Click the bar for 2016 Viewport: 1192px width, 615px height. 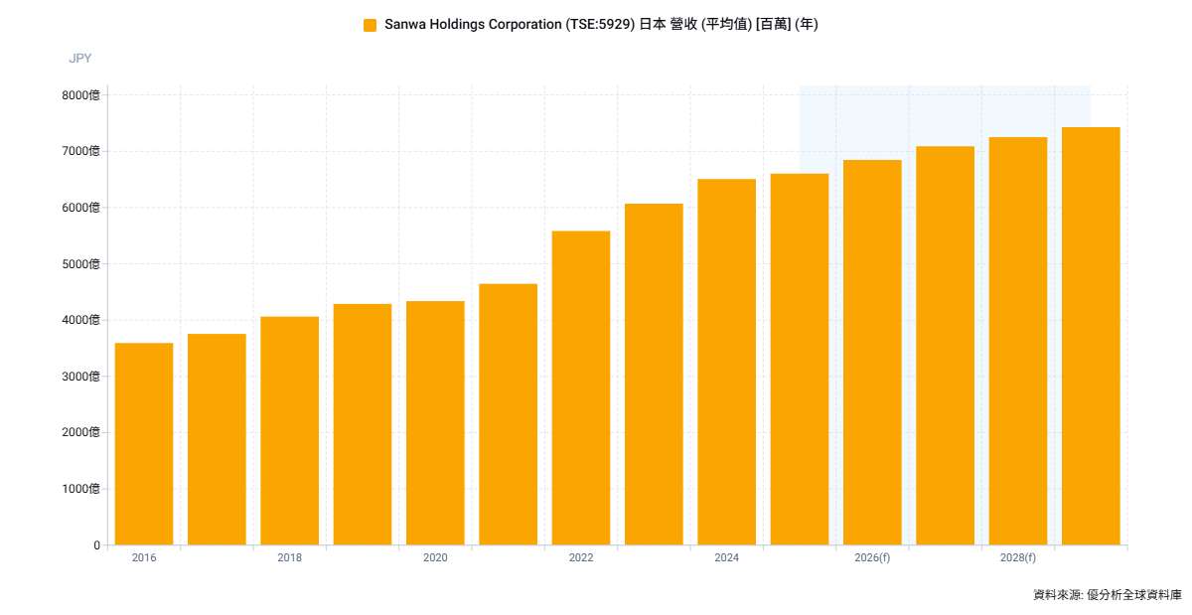tap(144, 444)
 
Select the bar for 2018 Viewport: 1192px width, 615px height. tap(289, 431)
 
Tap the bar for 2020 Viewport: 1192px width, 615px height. tap(435, 423)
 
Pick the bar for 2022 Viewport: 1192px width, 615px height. tap(581, 388)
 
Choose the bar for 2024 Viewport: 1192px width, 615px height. tap(727, 362)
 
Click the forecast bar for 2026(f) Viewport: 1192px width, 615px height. tap(872, 353)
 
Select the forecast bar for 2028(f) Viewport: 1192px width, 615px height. tap(1018, 342)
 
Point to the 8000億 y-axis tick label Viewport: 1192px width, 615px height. tap(80, 95)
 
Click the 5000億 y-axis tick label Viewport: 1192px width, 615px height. tap(80, 264)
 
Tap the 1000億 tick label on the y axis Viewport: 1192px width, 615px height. tap(80, 489)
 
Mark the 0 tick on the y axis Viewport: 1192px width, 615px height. tap(97, 545)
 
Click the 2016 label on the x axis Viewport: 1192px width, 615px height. tap(144, 557)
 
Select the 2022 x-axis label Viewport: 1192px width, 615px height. tap(581, 557)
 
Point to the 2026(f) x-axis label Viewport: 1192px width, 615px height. tap(872, 557)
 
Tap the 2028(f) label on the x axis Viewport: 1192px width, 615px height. tap(1018, 557)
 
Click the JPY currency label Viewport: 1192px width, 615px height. tap(80, 59)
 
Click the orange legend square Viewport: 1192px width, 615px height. tap(370, 25)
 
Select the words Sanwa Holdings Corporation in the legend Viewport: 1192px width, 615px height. tap(473, 25)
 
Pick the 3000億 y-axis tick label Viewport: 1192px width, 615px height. tap(80, 377)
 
